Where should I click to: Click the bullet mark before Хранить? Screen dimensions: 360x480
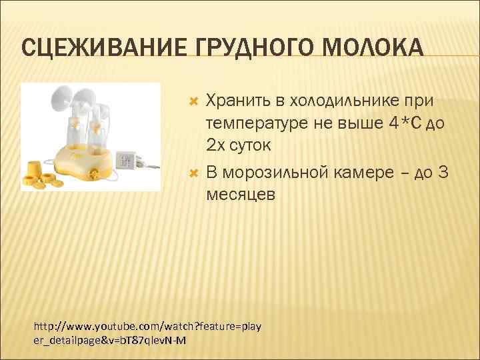pyautogui.click(x=195, y=101)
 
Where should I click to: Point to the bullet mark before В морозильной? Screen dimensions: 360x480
pyautogui.click(x=195, y=174)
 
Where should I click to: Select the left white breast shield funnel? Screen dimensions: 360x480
pyautogui.click(x=61, y=99)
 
